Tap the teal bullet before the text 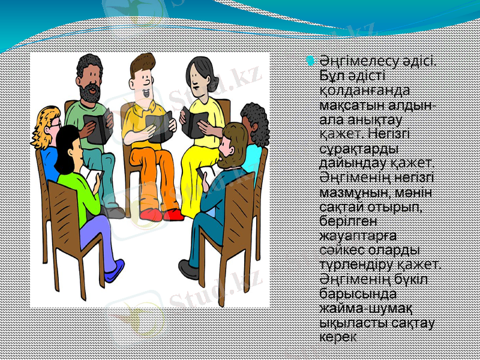coord(310,61)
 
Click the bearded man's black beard coord(91,94)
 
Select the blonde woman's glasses coord(55,123)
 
